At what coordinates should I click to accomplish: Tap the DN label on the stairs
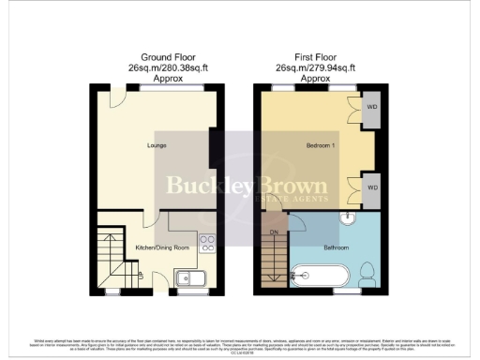(x=275, y=230)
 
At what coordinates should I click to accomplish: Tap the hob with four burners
(x=207, y=238)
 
